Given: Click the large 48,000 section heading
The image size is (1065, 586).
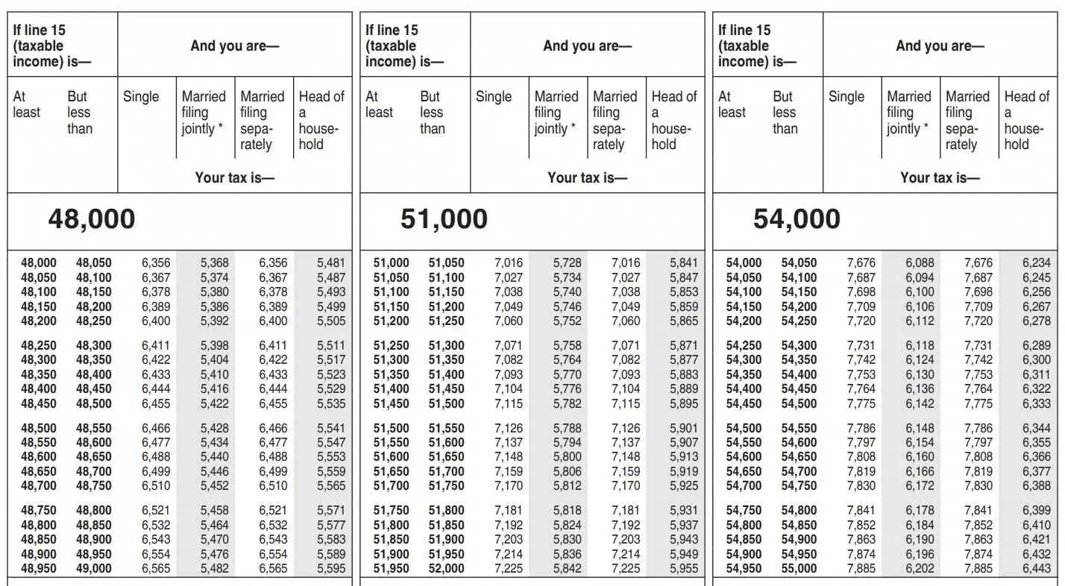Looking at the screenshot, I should click(x=92, y=219).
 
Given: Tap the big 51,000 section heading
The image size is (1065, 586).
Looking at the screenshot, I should click(x=444, y=219).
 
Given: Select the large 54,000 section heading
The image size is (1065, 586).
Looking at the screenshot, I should click(x=797, y=219).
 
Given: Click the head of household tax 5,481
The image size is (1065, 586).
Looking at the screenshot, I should click(x=331, y=263).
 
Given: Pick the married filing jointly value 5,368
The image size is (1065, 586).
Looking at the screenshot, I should click(x=214, y=263).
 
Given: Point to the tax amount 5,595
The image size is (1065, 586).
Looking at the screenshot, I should click(x=331, y=569).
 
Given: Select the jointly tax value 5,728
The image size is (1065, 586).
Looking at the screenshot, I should click(x=567, y=263).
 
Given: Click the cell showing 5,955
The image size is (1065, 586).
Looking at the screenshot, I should click(x=684, y=569).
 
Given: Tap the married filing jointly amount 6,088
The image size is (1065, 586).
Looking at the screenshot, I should click(x=920, y=263).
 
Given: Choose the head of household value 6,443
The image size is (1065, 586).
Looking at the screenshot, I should click(x=1037, y=569).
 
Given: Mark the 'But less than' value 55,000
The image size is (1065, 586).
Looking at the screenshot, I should click(x=799, y=569).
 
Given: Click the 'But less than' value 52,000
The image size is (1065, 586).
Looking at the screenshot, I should click(x=446, y=569).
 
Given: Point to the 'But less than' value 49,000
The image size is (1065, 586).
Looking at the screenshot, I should click(x=93, y=569).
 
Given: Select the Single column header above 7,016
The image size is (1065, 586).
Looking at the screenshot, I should click(x=494, y=97).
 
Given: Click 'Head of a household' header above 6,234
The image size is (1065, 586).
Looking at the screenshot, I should click(x=1026, y=120).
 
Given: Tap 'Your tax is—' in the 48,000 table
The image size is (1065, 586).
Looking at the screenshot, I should click(x=235, y=177).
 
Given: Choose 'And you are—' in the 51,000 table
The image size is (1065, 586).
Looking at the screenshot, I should click(x=588, y=45).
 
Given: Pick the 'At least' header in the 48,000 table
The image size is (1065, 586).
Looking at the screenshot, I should click(x=27, y=104).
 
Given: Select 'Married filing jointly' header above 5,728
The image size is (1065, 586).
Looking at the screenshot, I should click(x=556, y=113).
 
